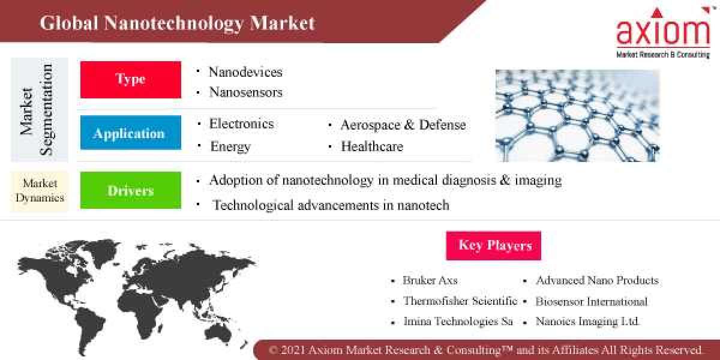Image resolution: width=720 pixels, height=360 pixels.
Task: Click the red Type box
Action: [x=130, y=79]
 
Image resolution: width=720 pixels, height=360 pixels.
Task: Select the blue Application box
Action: [x=130, y=133]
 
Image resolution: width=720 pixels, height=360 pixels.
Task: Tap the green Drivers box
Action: [x=130, y=190]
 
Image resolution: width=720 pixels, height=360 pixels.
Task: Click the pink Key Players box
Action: [x=494, y=245]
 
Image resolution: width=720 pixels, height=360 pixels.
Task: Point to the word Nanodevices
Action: [x=245, y=72]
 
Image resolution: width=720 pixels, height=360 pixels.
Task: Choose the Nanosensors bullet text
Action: [x=245, y=92]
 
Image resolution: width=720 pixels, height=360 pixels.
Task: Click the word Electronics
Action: [x=241, y=124]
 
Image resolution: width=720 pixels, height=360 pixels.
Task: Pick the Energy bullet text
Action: [x=230, y=146]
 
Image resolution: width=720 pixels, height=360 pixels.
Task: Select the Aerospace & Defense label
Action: [x=403, y=125]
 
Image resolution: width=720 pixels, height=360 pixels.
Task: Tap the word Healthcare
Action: [x=372, y=146]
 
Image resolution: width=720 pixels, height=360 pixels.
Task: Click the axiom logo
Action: [x=663, y=33]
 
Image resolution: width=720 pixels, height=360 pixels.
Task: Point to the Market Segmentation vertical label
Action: [x=37, y=110]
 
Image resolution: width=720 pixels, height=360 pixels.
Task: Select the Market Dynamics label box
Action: [x=40, y=191]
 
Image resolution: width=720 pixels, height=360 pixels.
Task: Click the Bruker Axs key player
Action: [x=430, y=280]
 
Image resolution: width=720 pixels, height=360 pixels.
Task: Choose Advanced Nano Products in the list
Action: [x=596, y=280]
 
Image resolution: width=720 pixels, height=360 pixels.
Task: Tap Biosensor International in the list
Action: [x=591, y=301]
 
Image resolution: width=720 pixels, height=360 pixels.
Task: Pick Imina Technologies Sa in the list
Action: [x=458, y=321]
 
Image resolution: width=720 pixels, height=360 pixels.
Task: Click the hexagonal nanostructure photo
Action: [x=577, y=115]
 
